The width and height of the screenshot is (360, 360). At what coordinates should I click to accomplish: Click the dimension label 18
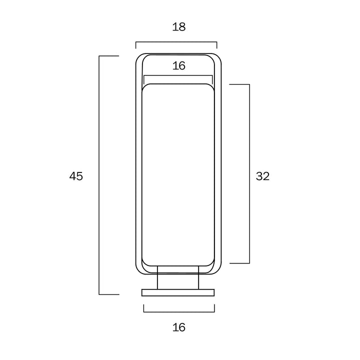(x=179, y=26)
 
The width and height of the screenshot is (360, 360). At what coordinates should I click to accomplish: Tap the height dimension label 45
(x=76, y=176)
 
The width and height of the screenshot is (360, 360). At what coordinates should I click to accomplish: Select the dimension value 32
(x=262, y=176)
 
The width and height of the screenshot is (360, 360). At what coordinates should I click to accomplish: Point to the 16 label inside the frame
(x=179, y=65)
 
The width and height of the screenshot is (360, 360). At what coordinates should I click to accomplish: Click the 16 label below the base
(x=179, y=327)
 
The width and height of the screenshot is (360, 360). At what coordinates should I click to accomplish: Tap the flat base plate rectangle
(x=178, y=292)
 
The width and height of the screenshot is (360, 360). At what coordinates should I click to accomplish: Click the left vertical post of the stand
(x=157, y=277)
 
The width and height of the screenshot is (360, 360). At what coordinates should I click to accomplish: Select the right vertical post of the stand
(x=198, y=277)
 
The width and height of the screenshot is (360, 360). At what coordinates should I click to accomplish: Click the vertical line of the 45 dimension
(x=99, y=175)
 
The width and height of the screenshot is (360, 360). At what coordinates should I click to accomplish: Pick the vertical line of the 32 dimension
(x=249, y=174)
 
